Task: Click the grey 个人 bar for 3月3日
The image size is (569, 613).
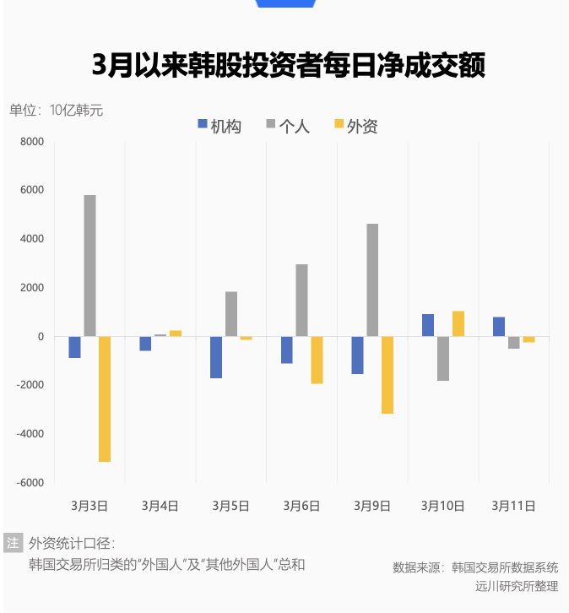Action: (x=89, y=265)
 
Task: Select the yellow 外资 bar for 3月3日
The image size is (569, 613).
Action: (x=105, y=399)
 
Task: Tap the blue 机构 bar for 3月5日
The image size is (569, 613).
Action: (x=216, y=357)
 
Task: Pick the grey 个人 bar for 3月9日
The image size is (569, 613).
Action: (x=372, y=279)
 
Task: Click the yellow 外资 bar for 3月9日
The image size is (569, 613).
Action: (x=387, y=375)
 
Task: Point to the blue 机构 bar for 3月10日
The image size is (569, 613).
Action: (x=428, y=325)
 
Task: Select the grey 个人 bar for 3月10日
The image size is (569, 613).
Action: (x=443, y=358)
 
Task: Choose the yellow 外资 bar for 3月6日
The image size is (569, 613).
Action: (x=317, y=360)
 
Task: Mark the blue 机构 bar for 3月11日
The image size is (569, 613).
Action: (x=499, y=327)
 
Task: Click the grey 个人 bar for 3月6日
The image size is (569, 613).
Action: (x=301, y=300)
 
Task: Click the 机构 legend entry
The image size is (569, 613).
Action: (x=219, y=126)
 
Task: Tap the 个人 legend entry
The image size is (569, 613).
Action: (x=288, y=126)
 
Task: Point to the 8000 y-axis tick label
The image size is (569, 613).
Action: (x=31, y=142)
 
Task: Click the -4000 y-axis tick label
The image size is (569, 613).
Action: (x=30, y=434)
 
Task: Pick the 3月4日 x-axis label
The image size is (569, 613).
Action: (x=160, y=506)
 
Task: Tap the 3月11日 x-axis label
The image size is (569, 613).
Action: (x=513, y=506)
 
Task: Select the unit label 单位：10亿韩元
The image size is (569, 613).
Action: (x=56, y=110)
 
